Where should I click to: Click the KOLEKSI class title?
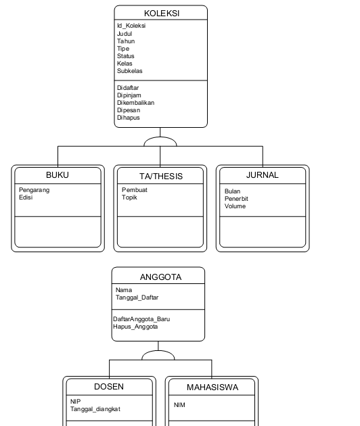coord(162,14)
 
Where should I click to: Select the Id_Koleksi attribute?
coord(131,26)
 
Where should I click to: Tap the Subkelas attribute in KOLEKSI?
coord(130,71)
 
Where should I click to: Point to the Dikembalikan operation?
coord(136,103)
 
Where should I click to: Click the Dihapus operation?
coord(129,118)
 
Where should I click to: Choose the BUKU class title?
coord(58,175)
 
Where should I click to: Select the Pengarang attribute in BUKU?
coord(35,190)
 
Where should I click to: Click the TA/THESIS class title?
coord(161,176)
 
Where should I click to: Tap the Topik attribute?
coord(129,197)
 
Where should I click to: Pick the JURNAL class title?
coord(263,175)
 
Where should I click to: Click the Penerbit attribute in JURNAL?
coord(236,199)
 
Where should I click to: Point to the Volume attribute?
coord(235,206)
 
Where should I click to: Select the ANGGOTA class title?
coord(160,277)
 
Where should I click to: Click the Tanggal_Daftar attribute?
coord(137,298)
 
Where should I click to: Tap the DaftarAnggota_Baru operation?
coord(141,319)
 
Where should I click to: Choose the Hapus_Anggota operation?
coord(135,327)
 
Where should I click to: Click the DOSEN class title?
coord(109,387)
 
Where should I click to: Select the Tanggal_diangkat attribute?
coord(95,409)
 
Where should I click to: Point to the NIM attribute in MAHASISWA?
coord(179,405)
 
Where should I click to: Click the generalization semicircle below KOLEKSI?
coord(160,137)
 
